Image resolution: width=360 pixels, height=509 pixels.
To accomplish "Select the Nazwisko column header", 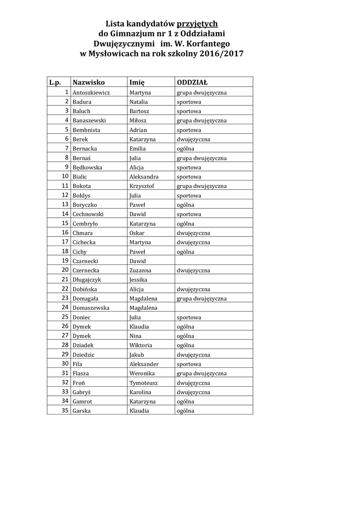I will [89, 82].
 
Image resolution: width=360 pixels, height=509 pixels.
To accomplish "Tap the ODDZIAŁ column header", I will [192, 82].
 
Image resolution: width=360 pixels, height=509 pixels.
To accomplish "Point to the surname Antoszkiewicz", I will [91, 92].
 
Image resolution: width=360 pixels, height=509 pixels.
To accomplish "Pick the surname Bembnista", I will [87, 130].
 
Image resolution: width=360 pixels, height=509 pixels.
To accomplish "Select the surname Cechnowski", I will [88, 214].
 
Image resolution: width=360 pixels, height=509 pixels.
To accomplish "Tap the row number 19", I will [65, 260].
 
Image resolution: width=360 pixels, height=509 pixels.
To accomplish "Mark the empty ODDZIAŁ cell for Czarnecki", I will [213, 261].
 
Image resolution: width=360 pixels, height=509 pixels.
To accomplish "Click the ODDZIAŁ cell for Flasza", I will [202, 373].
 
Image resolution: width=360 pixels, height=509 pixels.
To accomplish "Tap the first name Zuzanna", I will [140, 270].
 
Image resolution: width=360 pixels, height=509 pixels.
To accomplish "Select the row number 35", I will [65, 411].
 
